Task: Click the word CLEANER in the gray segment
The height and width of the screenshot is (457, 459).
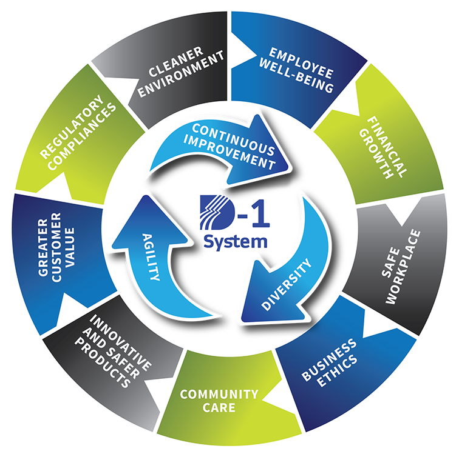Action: [x=175, y=62]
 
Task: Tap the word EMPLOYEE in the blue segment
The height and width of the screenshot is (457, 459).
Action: [x=301, y=63]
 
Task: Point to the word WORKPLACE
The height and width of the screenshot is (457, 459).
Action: [x=403, y=267]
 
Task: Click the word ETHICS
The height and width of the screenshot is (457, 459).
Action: [x=338, y=370]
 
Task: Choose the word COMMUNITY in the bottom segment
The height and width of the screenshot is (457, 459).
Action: [x=219, y=394]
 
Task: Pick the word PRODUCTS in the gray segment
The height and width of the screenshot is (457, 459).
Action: [x=103, y=363]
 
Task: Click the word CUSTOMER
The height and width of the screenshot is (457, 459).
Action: [x=56, y=247]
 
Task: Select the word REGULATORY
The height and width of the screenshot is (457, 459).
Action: [x=72, y=127]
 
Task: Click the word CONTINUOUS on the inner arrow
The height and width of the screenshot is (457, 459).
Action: [x=233, y=139]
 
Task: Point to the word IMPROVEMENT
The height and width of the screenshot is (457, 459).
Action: [x=229, y=153]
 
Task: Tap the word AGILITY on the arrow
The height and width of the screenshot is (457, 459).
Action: [x=151, y=257]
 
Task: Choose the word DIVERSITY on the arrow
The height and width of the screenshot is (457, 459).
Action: [x=287, y=284]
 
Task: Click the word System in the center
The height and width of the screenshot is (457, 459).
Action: [x=236, y=242]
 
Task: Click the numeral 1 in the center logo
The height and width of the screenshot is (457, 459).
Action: [x=260, y=212]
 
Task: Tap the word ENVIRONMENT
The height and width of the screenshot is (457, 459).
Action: [x=181, y=74]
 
